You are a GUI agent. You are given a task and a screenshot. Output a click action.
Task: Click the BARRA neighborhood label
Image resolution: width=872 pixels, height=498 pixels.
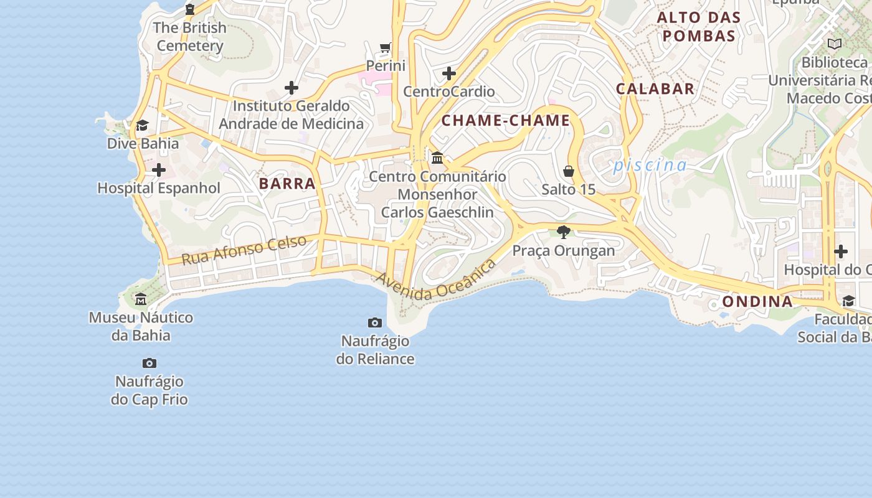287,184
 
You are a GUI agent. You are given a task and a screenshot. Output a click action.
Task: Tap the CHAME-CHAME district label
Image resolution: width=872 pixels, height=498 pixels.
506,121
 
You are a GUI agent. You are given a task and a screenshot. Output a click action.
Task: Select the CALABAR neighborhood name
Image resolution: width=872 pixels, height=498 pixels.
655,89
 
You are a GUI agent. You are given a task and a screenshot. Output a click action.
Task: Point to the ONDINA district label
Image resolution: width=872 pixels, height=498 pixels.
757,302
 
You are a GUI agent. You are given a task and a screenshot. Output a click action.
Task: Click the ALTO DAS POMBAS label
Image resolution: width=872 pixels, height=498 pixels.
699,27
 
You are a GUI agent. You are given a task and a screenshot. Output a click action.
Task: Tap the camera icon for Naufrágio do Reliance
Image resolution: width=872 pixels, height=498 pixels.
375,322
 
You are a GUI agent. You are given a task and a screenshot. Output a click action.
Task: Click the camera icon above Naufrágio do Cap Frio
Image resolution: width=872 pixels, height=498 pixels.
149,363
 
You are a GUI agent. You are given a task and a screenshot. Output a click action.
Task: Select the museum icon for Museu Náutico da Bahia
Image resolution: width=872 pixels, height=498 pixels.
141,299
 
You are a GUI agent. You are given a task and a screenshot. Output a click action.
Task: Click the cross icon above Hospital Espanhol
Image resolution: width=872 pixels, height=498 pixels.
159,170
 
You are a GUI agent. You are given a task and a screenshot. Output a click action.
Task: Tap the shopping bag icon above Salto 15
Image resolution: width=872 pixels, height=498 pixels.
569,171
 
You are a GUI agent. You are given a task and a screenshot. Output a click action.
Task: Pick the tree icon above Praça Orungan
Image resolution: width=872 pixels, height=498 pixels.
564,232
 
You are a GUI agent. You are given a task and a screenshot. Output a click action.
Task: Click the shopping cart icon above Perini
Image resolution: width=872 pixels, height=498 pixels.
386,48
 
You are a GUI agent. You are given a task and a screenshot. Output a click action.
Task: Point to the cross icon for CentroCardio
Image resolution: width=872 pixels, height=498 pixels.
448,74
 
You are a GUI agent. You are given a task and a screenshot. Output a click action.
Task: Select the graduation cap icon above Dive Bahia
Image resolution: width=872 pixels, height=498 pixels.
143,126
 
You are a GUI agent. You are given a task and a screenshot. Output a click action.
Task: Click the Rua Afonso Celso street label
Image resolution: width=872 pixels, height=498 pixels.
244,249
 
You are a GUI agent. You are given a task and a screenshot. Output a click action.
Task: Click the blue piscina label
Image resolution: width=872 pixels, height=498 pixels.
650,166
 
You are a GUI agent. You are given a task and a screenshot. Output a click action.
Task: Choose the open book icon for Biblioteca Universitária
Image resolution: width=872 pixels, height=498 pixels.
834,44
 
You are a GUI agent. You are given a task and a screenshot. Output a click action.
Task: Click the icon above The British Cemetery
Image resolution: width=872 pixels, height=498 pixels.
190,9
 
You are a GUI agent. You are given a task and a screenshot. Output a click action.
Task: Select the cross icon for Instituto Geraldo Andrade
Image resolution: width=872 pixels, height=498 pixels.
291,88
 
